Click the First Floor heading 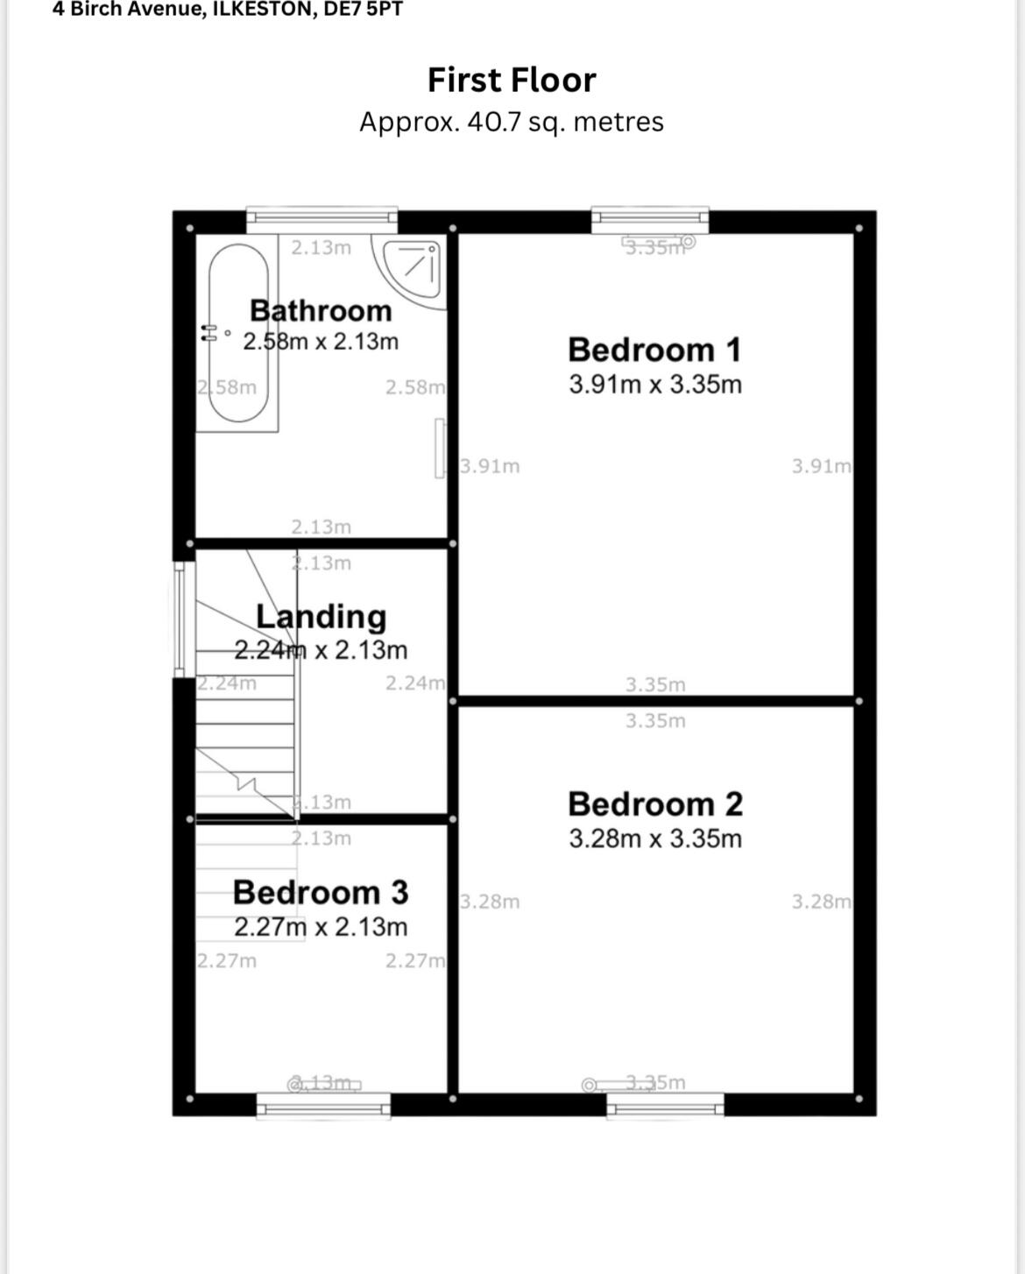[x=511, y=80]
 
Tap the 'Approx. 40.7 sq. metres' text [x=511, y=122]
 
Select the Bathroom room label [x=321, y=310]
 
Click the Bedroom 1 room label [x=654, y=350]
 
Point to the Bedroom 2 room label [x=654, y=803]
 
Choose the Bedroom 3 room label [x=321, y=892]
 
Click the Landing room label [x=321, y=616]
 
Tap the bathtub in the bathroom [x=238, y=333]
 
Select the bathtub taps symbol [x=209, y=333]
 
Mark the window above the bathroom [x=322, y=218]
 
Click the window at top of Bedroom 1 [x=649, y=218]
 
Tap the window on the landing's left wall [x=180, y=619]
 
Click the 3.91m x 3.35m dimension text [x=654, y=385]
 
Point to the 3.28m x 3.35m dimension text [x=654, y=839]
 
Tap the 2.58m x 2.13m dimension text [x=321, y=342]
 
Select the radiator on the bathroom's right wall [x=440, y=449]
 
